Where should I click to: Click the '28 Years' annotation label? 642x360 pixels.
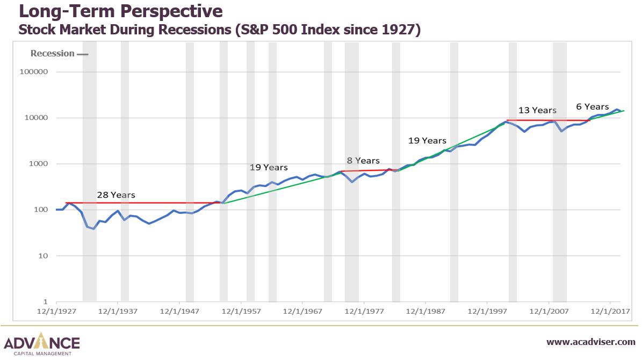tap(116, 195)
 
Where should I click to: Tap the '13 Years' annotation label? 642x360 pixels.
tap(537, 110)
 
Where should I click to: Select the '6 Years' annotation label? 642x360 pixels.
tap(593, 106)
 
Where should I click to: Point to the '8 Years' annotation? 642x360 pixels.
tap(363, 161)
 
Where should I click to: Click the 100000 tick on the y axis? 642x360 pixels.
tap(33, 72)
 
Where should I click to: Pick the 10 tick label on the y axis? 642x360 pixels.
tap(43, 256)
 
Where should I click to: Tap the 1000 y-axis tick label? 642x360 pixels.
tap(38, 164)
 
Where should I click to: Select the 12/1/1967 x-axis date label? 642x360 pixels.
tap(302, 311)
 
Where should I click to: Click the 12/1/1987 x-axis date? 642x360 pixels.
tap(425, 311)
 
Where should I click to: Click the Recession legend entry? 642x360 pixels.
tap(59, 53)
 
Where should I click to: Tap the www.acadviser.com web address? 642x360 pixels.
tap(591, 342)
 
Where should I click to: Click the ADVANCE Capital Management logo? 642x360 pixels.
tap(42, 344)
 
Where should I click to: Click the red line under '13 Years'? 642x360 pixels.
tap(548, 120)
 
